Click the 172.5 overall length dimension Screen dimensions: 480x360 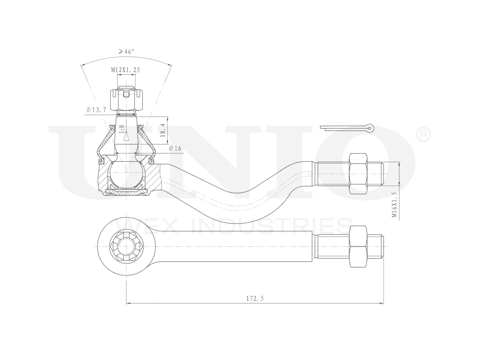click(255, 298)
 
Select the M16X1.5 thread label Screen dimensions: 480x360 click(394, 205)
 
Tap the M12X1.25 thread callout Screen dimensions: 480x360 click(126, 70)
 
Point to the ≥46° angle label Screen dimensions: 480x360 click(124, 52)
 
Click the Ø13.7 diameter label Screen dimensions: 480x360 click(96, 109)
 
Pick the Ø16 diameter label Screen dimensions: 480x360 click(175, 148)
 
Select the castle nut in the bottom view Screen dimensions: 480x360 click(126, 247)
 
